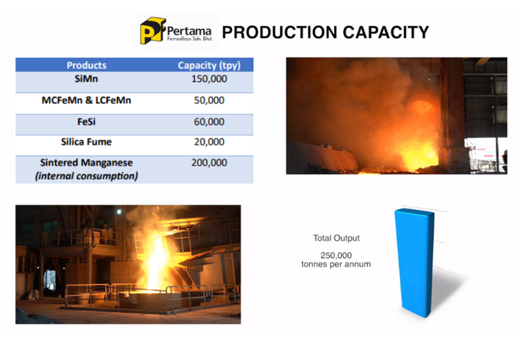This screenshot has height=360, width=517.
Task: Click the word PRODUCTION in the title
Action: tap(280, 32)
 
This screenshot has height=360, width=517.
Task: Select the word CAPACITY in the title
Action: tap(386, 32)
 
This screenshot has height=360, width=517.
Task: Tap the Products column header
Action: tap(86, 65)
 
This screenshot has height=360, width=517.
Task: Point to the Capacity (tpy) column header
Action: tap(209, 65)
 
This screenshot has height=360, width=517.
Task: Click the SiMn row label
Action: tap(86, 79)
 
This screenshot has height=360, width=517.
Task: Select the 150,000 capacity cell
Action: tap(209, 79)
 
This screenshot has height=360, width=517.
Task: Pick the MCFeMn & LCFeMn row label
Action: tap(86, 100)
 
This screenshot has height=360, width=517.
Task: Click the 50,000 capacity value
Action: tap(209, 100)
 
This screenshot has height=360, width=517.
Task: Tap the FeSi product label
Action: tap(86, 122)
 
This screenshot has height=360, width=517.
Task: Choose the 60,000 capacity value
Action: tap(209, 122)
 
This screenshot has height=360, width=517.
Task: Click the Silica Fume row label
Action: tap(86, 142)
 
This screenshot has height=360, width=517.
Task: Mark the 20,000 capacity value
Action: tap(209, 142)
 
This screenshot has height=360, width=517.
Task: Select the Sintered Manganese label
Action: tap(86, 162)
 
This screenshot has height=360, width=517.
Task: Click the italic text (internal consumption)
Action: tap(86, 176)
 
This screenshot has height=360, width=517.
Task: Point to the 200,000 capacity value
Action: tap(209, 162)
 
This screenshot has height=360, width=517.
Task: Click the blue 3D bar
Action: tap(415, 262)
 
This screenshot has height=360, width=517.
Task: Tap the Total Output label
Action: tap(336, 238)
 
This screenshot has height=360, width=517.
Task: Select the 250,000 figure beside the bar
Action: tap(336, 255)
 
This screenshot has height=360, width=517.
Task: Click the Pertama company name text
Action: tap(189, 31)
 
